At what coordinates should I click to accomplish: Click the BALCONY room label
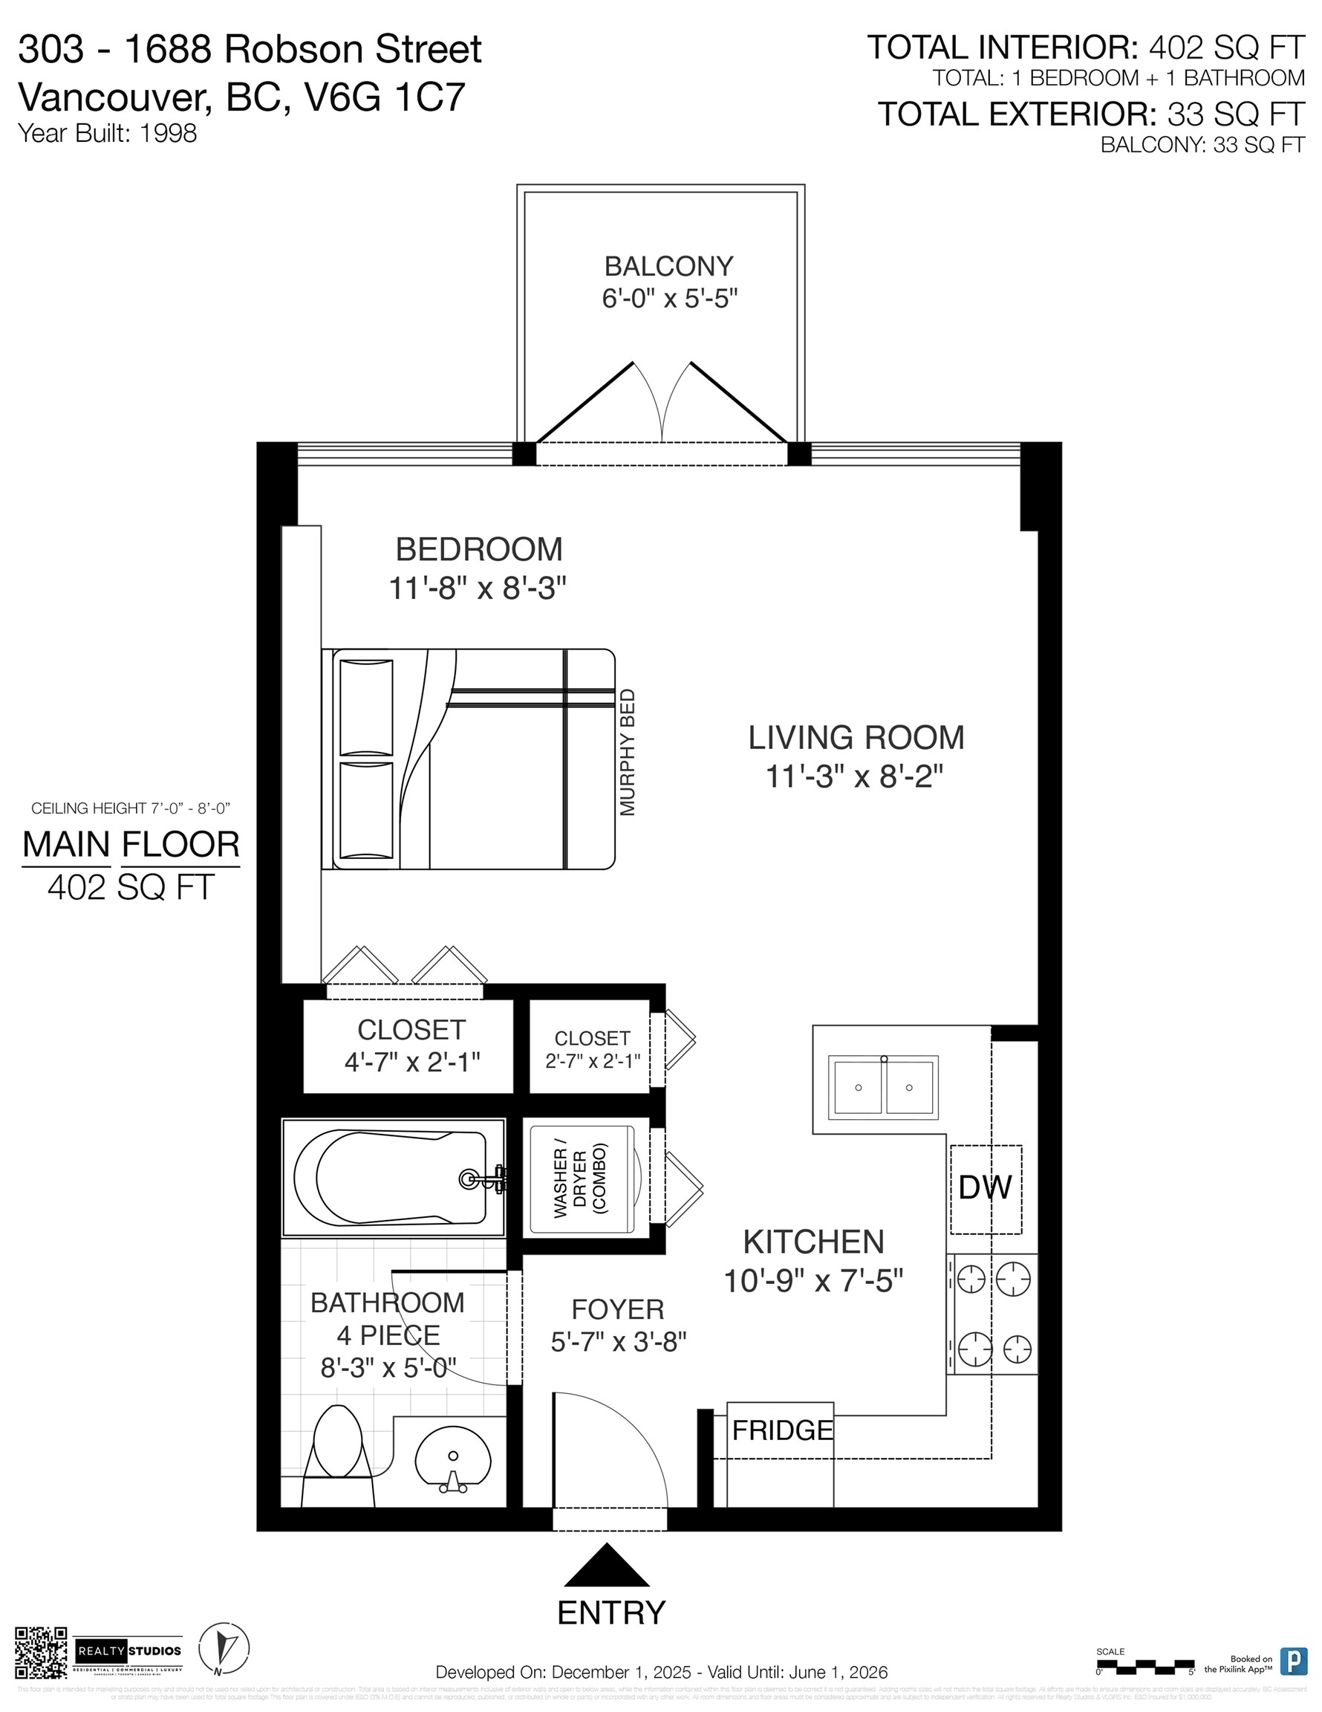[668, 267]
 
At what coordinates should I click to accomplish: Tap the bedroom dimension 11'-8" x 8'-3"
[478, 587]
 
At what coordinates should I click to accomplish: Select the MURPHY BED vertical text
[627, 753]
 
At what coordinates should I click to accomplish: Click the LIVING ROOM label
[856, 738]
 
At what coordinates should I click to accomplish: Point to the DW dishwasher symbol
[985, 1187]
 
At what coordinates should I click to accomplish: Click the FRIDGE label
[781, 1430]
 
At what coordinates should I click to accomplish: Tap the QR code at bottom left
[42, 1653]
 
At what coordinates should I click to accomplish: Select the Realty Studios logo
[128, 1651]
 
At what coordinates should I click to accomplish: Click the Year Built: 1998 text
[108, 133]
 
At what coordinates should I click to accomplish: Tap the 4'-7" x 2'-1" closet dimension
[411, 1062]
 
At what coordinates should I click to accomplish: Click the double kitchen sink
[883, 1087]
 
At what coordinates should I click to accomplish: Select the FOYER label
[617, 1309]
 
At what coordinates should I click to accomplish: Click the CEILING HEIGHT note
[130, 808]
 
